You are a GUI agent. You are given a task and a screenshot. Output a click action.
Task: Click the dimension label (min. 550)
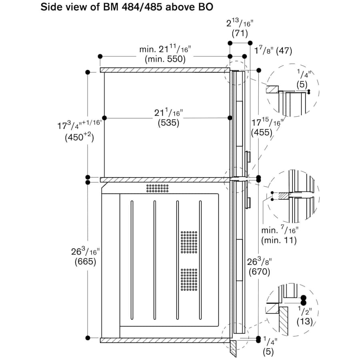pyautogui.click(x=165, y=59)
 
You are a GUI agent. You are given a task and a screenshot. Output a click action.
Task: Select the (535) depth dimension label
pyautogui.click(x=166, y=123)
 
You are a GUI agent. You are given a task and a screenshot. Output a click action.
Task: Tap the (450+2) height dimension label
pyautogui.click(x=79, y=138)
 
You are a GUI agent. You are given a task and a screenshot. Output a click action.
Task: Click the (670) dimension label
pyautogui.click(x=260, y=272)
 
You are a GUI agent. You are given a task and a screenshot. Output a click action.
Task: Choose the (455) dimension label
pyautogui.click(x=261, y=132)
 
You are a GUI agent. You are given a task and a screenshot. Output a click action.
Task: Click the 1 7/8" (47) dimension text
pyautogui.click(x=273, y=51)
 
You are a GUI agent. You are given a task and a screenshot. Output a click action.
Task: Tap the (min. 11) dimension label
pyautogui.click(x=278, y=240)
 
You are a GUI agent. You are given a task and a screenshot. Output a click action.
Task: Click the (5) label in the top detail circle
pyautogui.click(x=302, y=85)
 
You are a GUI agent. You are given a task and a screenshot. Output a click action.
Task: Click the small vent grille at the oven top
pyautogui.click(x=157, y=188)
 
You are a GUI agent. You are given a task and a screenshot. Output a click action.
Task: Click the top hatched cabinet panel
pyautogui.click(x=164, y=70)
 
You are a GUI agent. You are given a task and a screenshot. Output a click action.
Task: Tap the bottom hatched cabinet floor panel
pyautogui.click(x=164, y=340)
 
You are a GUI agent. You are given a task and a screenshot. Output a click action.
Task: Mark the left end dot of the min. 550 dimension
pyautogui.click(x=100, y=56)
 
